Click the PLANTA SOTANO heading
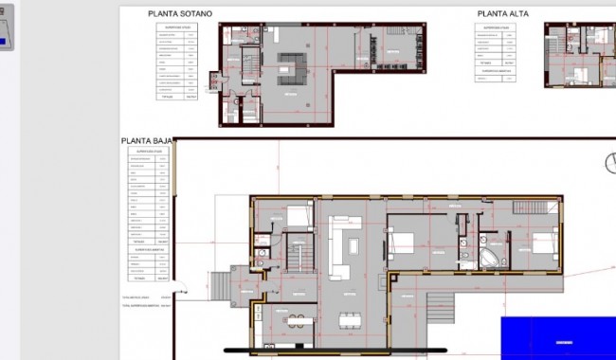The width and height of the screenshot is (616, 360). (x=180, y=14)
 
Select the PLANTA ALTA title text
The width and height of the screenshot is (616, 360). (x=502, y=14)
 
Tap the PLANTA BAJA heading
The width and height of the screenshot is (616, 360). (x=148, y=141)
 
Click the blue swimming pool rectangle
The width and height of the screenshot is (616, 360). (x=558, y=337)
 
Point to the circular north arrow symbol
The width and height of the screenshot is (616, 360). (x=608, y=164)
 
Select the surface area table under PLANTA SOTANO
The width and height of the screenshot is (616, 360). (x=177, y=61)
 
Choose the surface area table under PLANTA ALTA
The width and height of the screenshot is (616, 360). (x=499, y=51)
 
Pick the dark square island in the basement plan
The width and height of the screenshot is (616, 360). (x=291, y=69)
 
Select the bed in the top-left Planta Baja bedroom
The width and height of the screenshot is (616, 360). (x=298, y=216)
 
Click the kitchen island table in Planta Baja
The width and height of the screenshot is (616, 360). (x=297, y=320)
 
